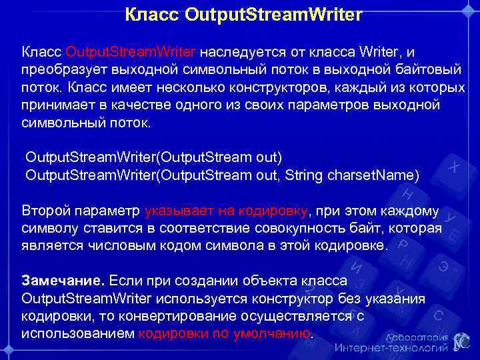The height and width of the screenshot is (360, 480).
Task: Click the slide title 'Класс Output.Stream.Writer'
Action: [244, 14]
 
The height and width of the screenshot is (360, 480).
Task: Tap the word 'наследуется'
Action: [244, 52]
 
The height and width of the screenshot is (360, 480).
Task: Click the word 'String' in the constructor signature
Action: [310, 175]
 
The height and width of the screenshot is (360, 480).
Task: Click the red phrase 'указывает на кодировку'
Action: [227, 211]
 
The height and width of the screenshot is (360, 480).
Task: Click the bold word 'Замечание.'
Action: [63, 280]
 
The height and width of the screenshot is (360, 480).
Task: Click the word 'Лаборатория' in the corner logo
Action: [414, 336]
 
